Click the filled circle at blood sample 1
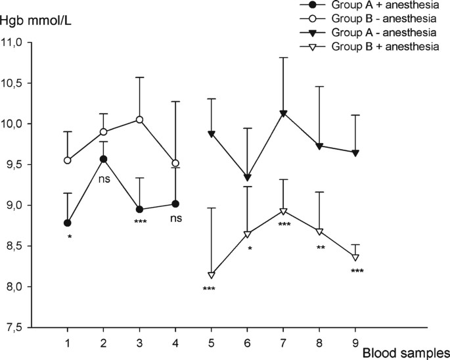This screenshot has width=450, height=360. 67,223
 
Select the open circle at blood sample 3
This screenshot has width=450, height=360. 139,120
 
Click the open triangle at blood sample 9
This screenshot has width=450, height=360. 355,257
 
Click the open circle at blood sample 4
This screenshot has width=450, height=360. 175,163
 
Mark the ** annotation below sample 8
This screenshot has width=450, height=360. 319,248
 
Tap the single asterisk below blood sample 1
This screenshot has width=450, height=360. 69,236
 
